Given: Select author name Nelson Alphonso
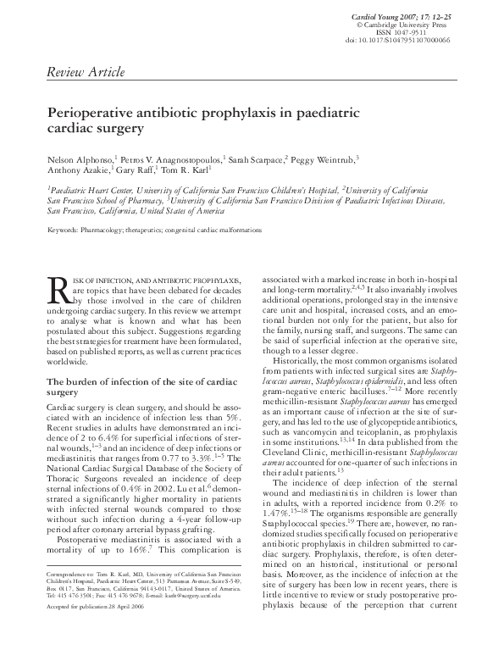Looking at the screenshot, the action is (75, 158).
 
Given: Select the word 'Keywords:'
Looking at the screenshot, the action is (64, 230).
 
